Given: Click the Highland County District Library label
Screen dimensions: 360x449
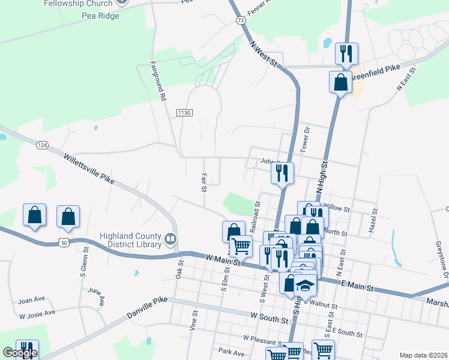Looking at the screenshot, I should coord(131,240).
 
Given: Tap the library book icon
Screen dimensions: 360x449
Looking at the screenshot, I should coord(171,240).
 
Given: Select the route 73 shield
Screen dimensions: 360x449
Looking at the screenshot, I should coord(241,20).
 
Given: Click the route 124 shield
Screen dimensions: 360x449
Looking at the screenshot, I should coord(42,145).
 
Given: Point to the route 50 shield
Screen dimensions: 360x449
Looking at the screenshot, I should coord(64,241).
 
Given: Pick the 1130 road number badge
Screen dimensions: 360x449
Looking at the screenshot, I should coord(184,112).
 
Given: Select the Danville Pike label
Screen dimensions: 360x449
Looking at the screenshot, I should coord(146,311).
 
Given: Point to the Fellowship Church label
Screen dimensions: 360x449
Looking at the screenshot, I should coord(78,4).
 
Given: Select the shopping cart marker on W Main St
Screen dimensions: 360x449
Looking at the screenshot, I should coord(241,246).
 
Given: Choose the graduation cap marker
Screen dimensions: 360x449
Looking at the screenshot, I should coord(306,285).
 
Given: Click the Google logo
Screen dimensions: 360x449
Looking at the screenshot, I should coord(20,353).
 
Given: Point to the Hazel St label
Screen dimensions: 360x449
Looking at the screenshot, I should coord(373,221).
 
